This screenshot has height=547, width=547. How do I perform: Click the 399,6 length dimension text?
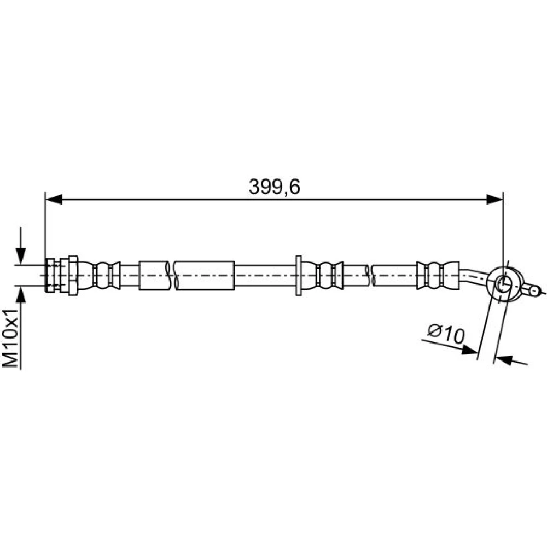click(x=274, y=187)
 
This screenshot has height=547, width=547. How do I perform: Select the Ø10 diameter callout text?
click(x=446, y=334)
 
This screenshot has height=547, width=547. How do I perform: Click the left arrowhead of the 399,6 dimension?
click(x=54, y=200)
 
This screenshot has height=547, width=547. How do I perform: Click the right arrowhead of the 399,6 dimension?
click(x=494, y=200)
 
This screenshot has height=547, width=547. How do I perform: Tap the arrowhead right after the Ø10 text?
click(x=469, y=350)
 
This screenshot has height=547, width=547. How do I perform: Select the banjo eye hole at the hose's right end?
click(x=503, y=285)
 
